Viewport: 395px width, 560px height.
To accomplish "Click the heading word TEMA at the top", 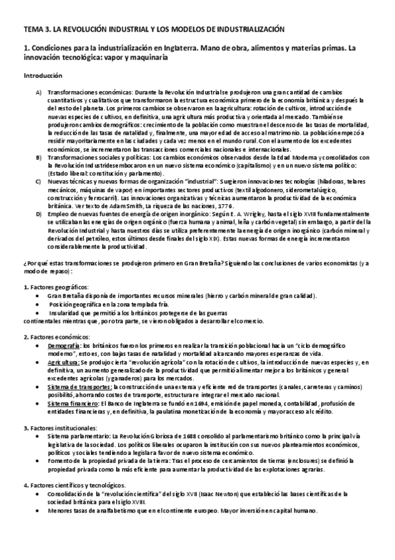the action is tap(32, 30).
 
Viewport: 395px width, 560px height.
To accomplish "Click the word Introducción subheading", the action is tap(43, 76).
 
